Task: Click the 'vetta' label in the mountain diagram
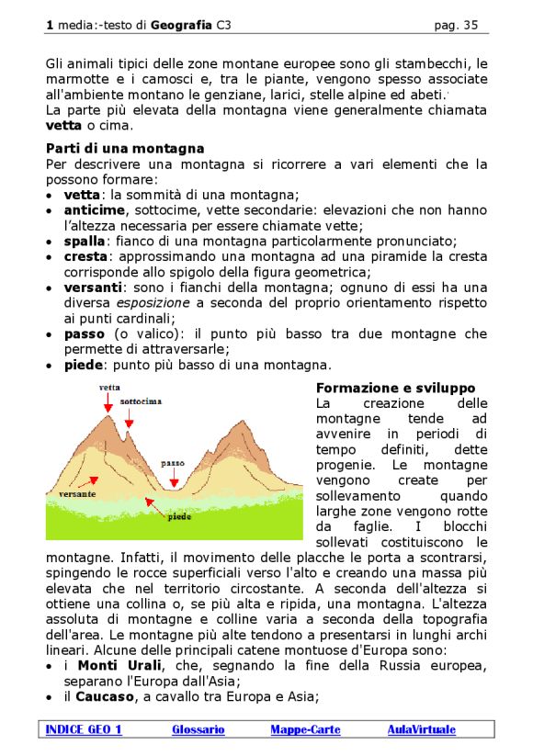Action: (x=109, y=388)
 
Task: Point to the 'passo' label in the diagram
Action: (x=173, y=463)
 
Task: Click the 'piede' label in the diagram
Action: (x=179, y=516)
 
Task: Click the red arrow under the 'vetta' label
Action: (x=108, y=402)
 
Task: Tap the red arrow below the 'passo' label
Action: (x=174, y=477)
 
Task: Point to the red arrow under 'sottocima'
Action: (x=130, y=418)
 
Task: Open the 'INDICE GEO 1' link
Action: (x=84, y=729)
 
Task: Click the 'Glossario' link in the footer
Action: (x=198, y=729)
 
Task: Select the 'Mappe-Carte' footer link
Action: (x=305, y=729)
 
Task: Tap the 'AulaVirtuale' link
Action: (x=421, y=729)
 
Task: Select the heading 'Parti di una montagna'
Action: (x=125, y=148)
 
